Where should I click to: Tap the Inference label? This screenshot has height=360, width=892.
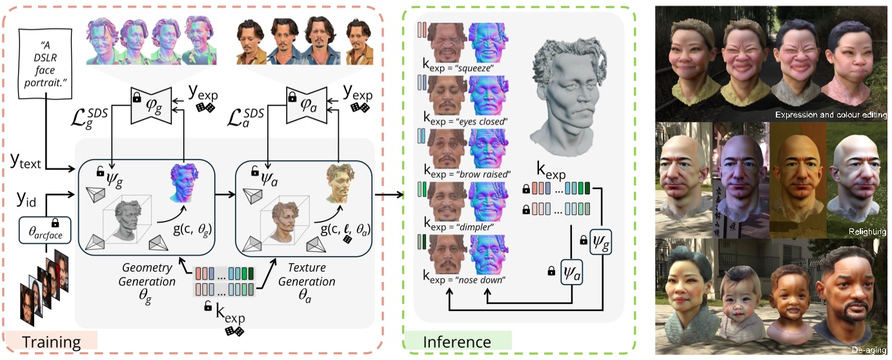[x=457, y=341]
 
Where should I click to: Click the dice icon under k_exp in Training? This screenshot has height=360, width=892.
[x=232, y=331]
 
